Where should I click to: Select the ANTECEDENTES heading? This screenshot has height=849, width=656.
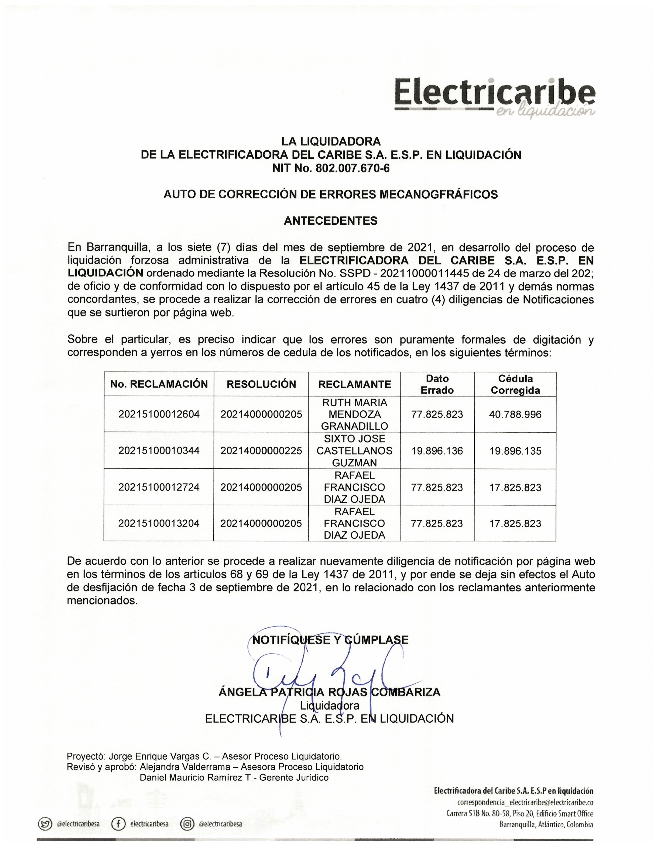(x=330, y=221)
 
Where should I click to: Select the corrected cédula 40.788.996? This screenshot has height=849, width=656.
(x=515, y=414)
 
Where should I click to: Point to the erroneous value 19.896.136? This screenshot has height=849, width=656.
(x=437, y=451)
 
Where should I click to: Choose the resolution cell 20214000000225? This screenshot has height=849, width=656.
(x=261, y=451)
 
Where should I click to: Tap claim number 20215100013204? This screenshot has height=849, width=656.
(x=159, y=523)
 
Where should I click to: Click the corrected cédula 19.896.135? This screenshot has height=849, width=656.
(x=515, y=451)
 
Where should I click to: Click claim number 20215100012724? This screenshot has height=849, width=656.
(x=159, y=487)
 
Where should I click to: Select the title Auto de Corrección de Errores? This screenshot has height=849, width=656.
(x=330, y=194)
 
